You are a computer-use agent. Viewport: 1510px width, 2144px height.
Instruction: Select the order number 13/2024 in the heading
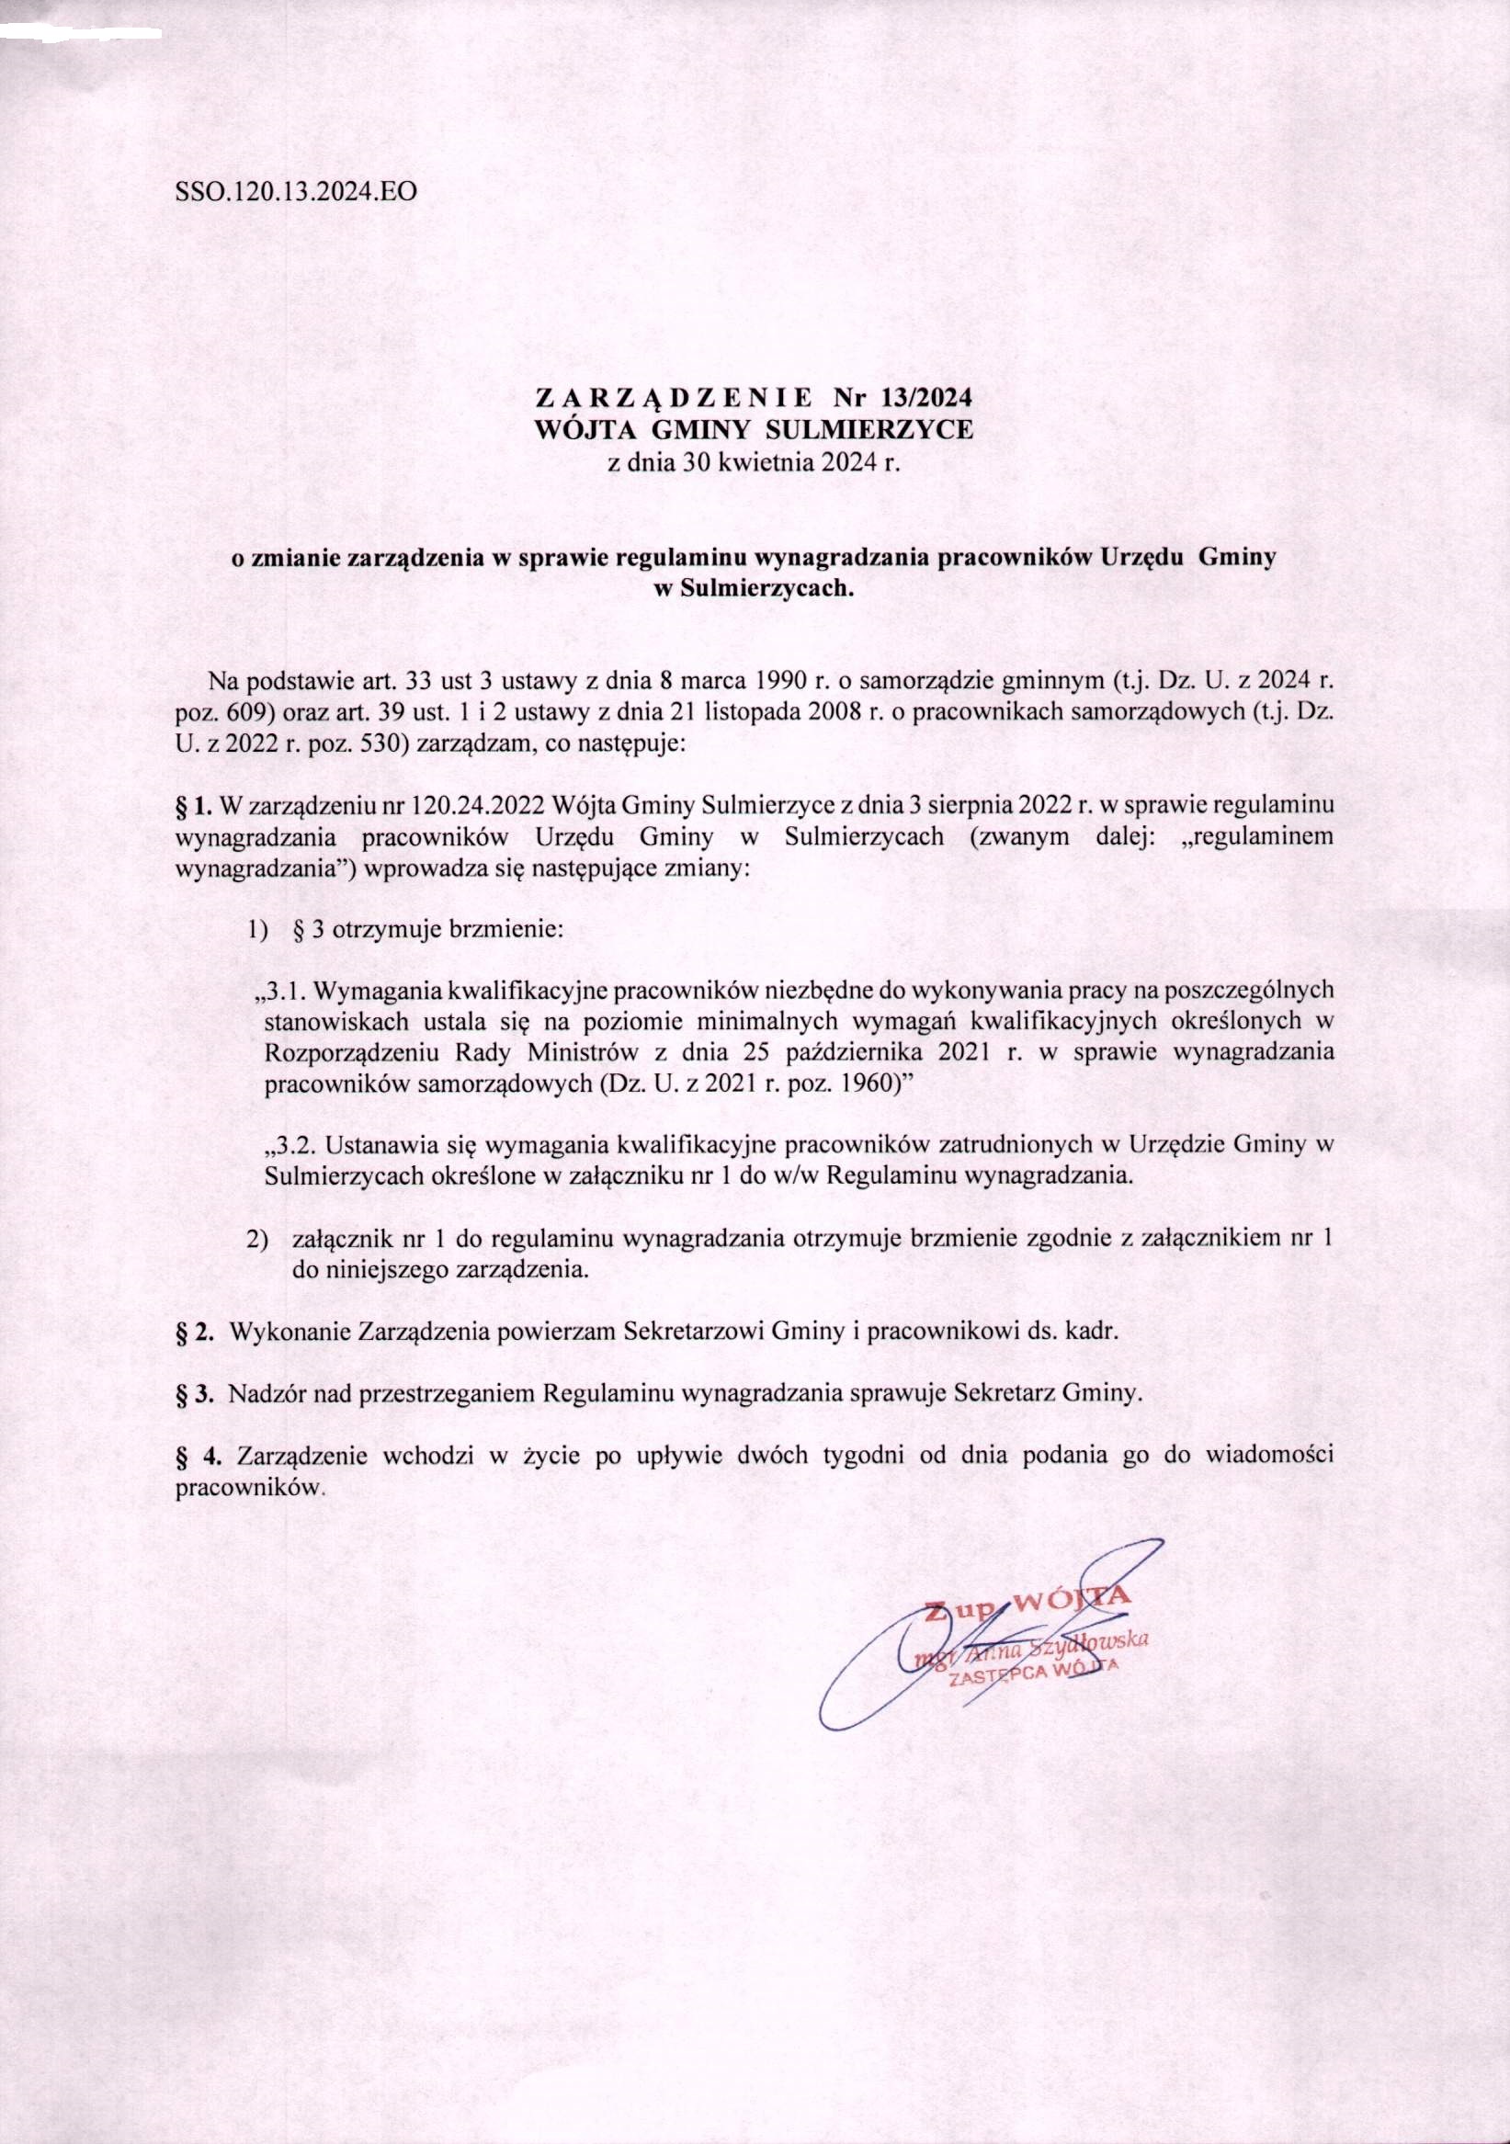(925, 396)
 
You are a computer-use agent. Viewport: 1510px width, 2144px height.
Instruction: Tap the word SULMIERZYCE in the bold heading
(868, 429)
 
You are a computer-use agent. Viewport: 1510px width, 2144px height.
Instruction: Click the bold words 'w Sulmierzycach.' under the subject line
(754, 590)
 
